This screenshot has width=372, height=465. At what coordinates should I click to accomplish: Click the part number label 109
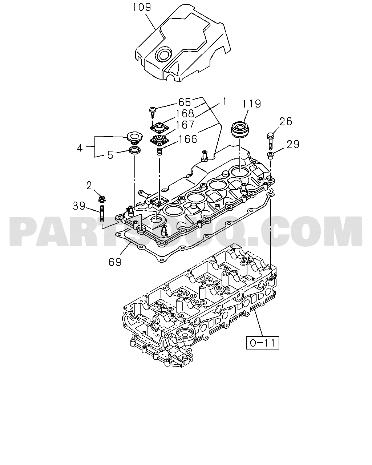tap(142, 7)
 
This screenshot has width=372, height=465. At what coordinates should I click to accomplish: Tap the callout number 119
tap(251, 104)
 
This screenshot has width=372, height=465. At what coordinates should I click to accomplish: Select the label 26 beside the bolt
tap(286, 121)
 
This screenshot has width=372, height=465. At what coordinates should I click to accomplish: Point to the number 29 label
tap(293, 144)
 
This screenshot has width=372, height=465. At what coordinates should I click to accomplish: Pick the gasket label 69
tap(115, 262)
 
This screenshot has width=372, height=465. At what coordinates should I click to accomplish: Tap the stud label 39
tap(78, 206)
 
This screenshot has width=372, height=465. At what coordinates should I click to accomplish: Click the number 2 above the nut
tap(89, 186)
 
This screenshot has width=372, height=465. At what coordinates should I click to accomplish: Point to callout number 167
tap(185, 125)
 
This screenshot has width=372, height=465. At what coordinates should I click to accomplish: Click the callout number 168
tap(185, 113)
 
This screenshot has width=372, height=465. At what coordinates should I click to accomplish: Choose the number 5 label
tap(110, 155)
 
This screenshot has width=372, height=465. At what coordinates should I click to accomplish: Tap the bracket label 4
tap(80, 148)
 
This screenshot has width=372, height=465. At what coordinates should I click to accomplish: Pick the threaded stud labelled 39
tap(102, 214)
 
